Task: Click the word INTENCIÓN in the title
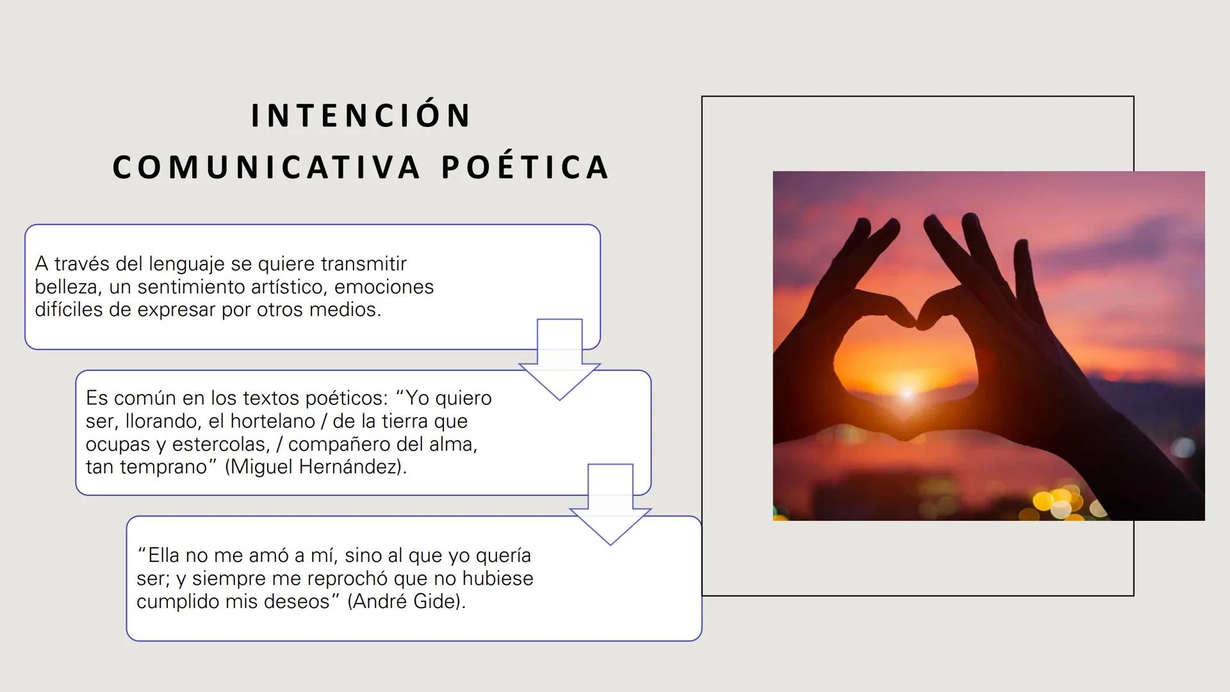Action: [x=361, y=116]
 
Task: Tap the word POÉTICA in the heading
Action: [x=525, y=168]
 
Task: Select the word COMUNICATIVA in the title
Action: [x=266, y=168]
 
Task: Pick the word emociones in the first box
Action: [x=384, y=287]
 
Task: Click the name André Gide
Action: [x=406, y=602]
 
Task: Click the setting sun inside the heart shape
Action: [x=907, y=392]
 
